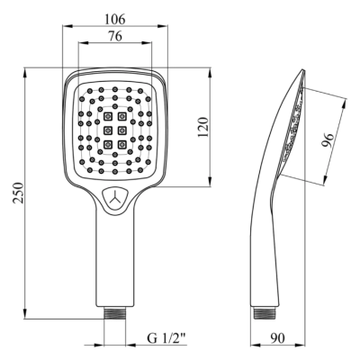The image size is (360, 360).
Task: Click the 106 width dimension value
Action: [x=114, y=20]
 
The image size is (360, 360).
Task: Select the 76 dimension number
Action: [x=115, y=36]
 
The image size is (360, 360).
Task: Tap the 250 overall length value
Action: [x=19, y=193]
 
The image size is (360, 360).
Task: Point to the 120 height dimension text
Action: [x=202, y=127]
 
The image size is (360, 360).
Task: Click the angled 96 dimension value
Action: [x=328, y=140]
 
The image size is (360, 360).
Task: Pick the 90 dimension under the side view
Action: [x=277, y=338]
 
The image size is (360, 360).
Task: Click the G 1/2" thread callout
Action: [x=166, y=338]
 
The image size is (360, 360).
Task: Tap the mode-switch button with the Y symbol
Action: [x=115, y=199]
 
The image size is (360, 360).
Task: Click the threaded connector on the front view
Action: [x=114, y=313]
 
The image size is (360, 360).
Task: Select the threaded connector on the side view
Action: [x=265, y=313]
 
